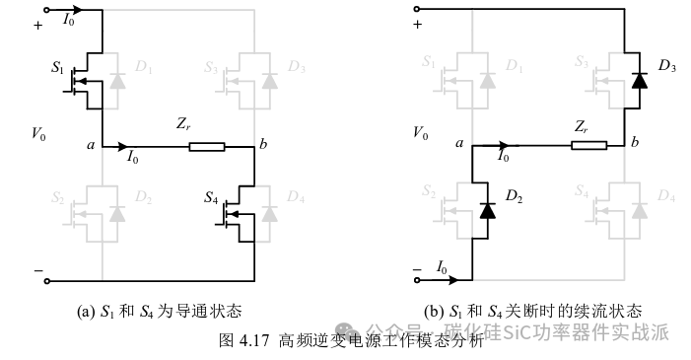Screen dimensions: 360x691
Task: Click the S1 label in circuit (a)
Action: coord(56,70)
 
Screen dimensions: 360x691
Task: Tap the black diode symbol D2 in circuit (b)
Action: coord(486,210)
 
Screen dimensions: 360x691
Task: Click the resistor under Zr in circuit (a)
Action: coord(207,148)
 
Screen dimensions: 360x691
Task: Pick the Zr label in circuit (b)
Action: coord(582,126)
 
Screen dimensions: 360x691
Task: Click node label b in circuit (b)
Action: coord(636,144)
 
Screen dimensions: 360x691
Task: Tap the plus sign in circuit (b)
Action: coord(418,25)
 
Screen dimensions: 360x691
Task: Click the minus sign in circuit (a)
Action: coord(38,268)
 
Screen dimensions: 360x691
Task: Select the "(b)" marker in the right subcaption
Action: coord(434,312)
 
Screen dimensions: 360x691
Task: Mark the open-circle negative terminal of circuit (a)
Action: coord(46,280)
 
